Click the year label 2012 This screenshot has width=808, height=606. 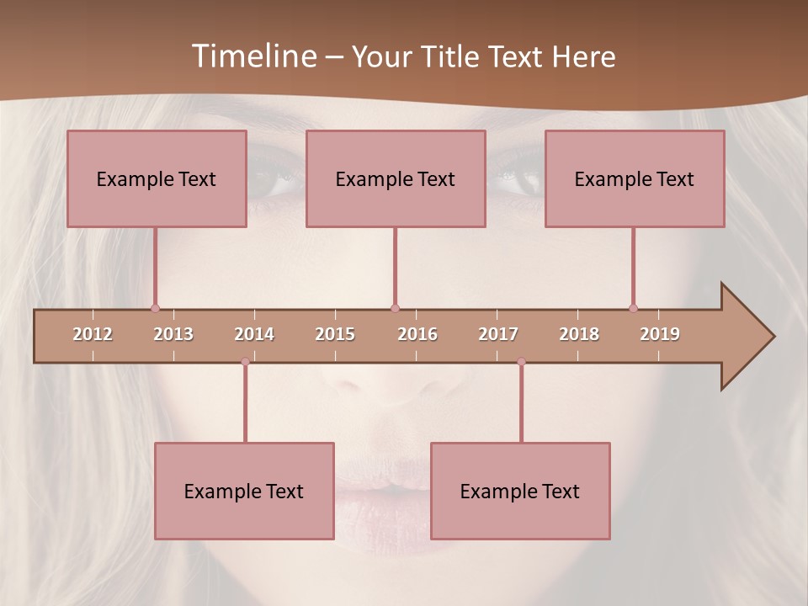point(93,334)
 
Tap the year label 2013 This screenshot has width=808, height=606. point(173,334)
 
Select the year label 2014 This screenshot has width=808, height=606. point(254,334)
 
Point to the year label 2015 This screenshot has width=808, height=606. point(335,334)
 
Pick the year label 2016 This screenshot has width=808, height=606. point(417,334)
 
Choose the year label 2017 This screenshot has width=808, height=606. point(498,334)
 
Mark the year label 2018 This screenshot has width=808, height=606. point(579,334)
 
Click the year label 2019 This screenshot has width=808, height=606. point(660,334)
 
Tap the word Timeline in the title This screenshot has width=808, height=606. point(252,56)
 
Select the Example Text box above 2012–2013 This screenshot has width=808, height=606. point(157,178)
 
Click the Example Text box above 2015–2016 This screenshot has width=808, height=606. point(396,178)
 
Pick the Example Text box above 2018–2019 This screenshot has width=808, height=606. point(635,178)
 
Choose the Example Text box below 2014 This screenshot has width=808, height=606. point(244,491)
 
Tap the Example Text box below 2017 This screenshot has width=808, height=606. point(520,491)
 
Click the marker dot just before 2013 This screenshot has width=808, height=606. point(155,308)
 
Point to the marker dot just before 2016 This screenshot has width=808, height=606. point(395,308)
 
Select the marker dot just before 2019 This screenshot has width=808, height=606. point(633,308)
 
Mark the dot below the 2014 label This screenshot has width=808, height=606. point(245,362)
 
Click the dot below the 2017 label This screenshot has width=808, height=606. point(521,362)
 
